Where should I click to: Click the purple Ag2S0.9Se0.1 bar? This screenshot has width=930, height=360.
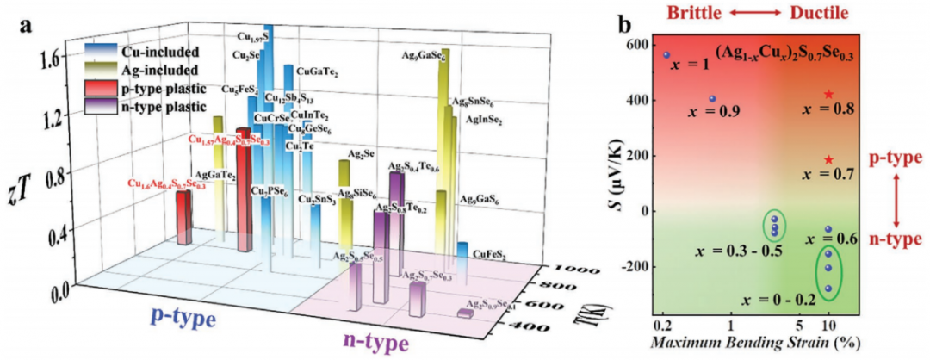465,313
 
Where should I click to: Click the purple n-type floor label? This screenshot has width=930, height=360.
370,344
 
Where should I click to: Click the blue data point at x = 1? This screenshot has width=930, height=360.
666,54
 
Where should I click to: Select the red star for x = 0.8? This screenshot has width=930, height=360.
828,94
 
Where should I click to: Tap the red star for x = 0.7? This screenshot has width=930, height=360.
828,159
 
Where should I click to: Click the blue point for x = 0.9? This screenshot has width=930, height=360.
712,98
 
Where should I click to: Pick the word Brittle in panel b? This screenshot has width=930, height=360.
685,13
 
